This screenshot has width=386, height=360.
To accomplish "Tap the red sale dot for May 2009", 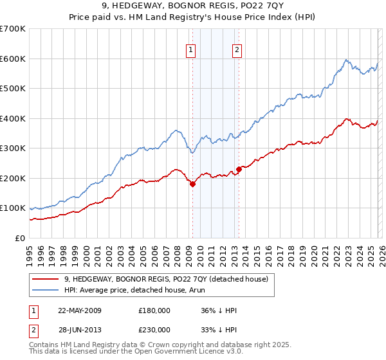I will pyautogui.click(x=192, y=184).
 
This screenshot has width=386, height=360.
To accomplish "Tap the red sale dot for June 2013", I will pyautogui.click(x=239, y=169).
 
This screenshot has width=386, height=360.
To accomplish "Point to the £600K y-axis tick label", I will pyautogui.click(x=13, y=59).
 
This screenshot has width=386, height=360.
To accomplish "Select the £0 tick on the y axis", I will pyautogui.click(x=19, y=238).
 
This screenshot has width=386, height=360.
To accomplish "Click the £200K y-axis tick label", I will pyautogui.click(x=13, y=178).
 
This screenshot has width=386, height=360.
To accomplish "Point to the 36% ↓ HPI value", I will pyautogui.click(x=219, y=310).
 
